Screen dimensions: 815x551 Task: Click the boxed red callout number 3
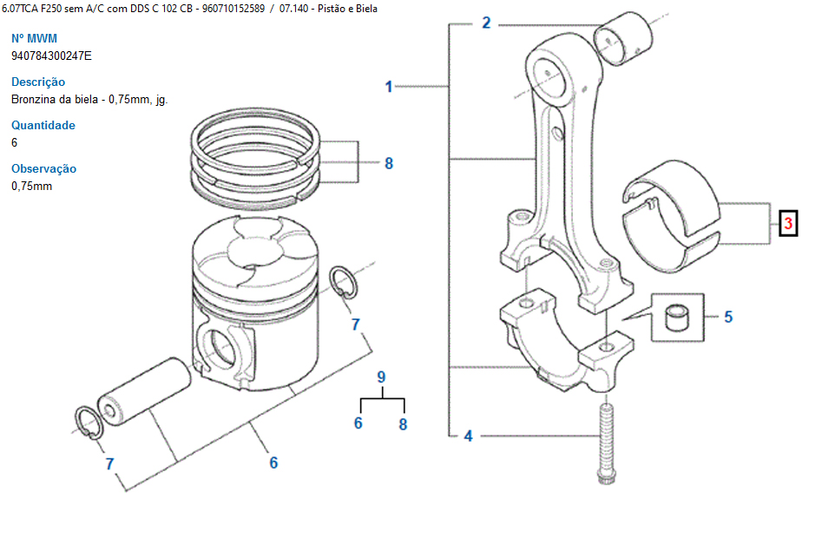tap(788, 224)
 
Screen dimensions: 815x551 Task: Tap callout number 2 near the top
tap(486, 23)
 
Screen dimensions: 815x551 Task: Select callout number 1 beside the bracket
tap(388, 86)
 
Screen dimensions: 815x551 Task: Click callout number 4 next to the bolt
tap(469, 436)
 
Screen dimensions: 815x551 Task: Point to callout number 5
tap(728, 317)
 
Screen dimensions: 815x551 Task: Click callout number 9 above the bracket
tap(382, 377)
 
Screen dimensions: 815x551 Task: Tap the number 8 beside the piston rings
tap(389, 163)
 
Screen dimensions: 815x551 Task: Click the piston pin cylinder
tap(144, 390)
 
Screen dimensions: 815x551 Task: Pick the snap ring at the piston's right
tap(344, 282)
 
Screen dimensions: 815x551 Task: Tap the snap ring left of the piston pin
tap(89, 423)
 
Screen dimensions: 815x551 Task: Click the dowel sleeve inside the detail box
tap(678, 318)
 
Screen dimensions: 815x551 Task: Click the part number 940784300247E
tap(51, 56)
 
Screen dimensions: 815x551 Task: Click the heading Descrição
tap(38, 82)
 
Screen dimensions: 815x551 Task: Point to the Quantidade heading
tap(43, 125)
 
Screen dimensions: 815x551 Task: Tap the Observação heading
tap(43, 168)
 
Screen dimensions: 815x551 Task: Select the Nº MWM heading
tap(35, 38)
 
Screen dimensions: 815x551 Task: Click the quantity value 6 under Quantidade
tap(14, 142)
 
